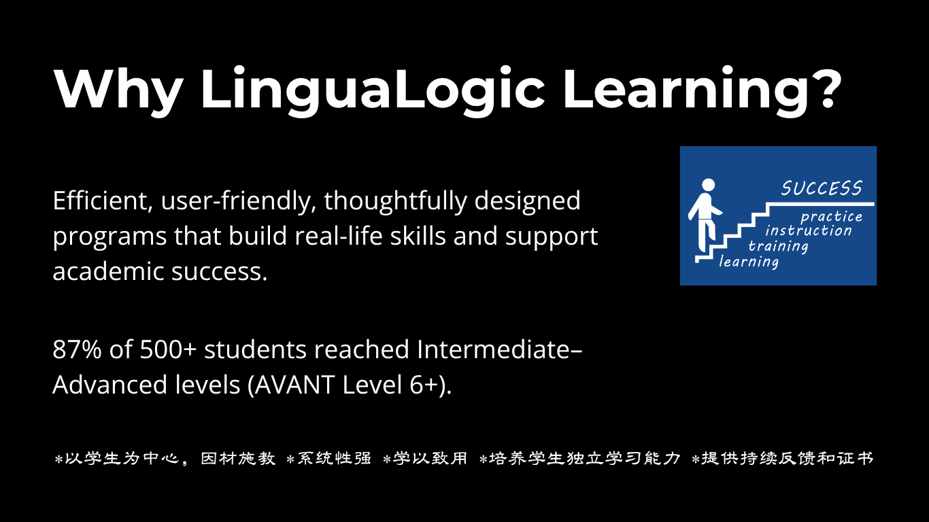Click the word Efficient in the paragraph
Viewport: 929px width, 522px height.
click(100, 201)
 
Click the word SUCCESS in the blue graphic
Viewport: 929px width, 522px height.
click(822, 188)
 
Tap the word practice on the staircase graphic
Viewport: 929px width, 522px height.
click(831, 217)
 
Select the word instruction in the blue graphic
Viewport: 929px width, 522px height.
click(808, 230)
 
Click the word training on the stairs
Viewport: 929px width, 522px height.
click(778, 246)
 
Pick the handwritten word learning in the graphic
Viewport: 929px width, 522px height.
click(749, 262)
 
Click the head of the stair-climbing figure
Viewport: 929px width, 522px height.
click(708, 185)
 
